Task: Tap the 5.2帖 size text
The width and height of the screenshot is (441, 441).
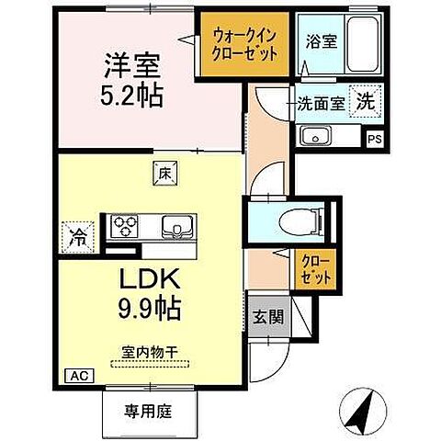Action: pos(131,95)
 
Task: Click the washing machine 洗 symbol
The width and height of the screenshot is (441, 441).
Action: pos(366,102)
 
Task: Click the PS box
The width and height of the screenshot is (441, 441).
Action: pos(374,139)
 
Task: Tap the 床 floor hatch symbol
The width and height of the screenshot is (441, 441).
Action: pos(164,171)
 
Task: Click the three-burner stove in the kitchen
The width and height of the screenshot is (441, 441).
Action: pos(127,225)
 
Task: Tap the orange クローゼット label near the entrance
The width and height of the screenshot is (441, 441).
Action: pos(311,267)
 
